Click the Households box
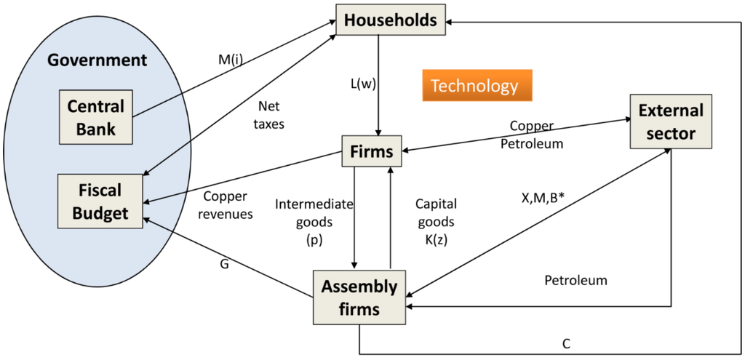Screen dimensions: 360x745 coord(390,20)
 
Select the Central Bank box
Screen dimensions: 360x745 coord(96,118)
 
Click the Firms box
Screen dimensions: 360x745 coord(371,151)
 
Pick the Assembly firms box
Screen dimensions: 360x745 coord(359,297)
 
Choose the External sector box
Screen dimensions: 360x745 coord(670,121)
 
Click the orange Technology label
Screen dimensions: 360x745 coord(474,86)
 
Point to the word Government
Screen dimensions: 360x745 coord(97,60)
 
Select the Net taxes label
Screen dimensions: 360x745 coord(270,114)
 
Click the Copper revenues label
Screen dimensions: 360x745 coord(228,205)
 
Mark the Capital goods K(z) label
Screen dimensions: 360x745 coord(435,221)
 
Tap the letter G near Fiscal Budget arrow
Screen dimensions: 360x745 coord(224,264)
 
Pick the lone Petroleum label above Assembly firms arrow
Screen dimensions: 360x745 coord(575,280)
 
